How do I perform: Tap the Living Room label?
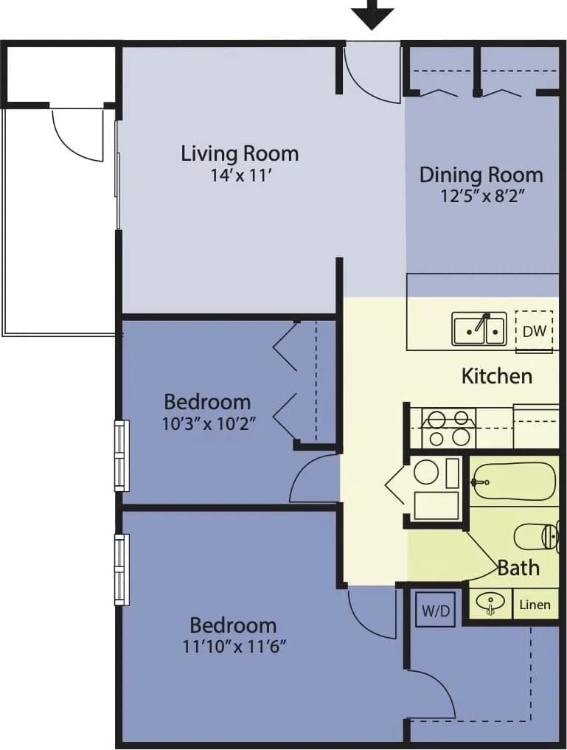click(240, 153)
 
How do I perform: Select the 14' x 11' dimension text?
click(240, 176)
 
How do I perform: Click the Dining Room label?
click(481, 175)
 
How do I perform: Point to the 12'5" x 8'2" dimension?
click(481, 196)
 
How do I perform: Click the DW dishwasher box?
click(534, 331)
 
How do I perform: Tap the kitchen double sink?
click(479, 329)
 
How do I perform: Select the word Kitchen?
click(496, 376)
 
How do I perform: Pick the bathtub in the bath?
click(513, 482)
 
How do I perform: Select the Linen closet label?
click(535, 605)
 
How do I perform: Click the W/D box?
click(435, 610)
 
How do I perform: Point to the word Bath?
click(518, 568)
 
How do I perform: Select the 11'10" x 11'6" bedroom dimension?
click(233, 647)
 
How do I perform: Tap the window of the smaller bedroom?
click(121, 456)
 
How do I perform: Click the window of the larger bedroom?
click(121, 569)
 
